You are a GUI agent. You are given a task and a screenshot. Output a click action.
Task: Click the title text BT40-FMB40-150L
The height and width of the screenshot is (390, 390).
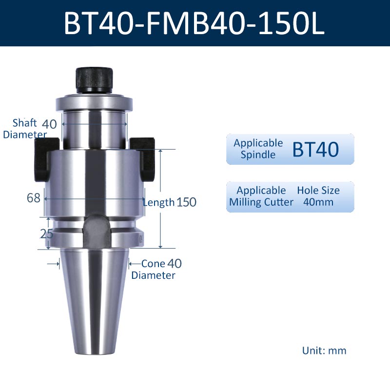click(194, 23)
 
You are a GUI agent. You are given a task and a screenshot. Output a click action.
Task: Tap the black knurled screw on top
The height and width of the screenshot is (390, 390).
click(94, 79)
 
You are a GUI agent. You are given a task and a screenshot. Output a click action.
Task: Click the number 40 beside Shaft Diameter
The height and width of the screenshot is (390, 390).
click(49, 124)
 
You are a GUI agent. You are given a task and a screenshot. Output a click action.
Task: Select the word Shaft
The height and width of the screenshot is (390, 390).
click(24, 123)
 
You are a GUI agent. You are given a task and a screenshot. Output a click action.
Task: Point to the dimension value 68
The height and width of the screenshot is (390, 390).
click(33, 198)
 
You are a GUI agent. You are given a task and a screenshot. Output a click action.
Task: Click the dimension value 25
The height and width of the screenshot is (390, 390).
click(46, 234)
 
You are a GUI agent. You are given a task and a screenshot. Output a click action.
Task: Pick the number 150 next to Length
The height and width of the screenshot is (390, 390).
click(186, 202)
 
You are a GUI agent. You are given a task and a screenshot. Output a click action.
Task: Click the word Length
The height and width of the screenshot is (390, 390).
click(159, 202)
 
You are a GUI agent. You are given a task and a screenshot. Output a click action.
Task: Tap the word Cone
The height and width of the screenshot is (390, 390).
click(153, 264)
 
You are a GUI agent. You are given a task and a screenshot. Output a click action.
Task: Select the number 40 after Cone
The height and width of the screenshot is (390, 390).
click(175, 264)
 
